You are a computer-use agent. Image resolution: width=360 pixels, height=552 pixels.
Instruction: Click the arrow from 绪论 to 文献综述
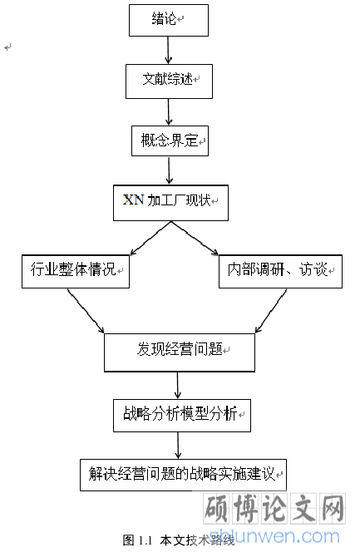click(x=168, y=50)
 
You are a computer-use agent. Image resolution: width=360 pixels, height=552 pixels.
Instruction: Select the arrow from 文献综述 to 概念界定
click(x=169, y=112)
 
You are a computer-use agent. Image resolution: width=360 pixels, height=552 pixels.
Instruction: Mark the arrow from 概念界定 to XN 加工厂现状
click(x=170, y=170)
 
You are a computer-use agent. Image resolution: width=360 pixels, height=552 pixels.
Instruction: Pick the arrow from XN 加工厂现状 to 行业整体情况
click(x=150, y=238)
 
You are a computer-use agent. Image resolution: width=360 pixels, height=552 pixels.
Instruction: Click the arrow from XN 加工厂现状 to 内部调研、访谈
click(x=195, y=238)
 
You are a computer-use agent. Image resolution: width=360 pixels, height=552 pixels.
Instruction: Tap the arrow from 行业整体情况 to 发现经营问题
click(x=86, y=311)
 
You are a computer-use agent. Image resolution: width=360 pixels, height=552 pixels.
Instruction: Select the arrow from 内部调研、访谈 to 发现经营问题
click(x=270, y=311)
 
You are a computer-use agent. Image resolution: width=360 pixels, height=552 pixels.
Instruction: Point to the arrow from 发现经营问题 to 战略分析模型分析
click(x=178, y=385)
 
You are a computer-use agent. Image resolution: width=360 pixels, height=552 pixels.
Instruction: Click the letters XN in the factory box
click(x=133, y=200)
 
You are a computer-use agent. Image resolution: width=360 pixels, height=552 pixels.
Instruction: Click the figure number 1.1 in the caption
click(x=145, y=540)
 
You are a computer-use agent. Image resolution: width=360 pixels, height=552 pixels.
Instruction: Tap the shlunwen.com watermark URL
click(x=274, y=536)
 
